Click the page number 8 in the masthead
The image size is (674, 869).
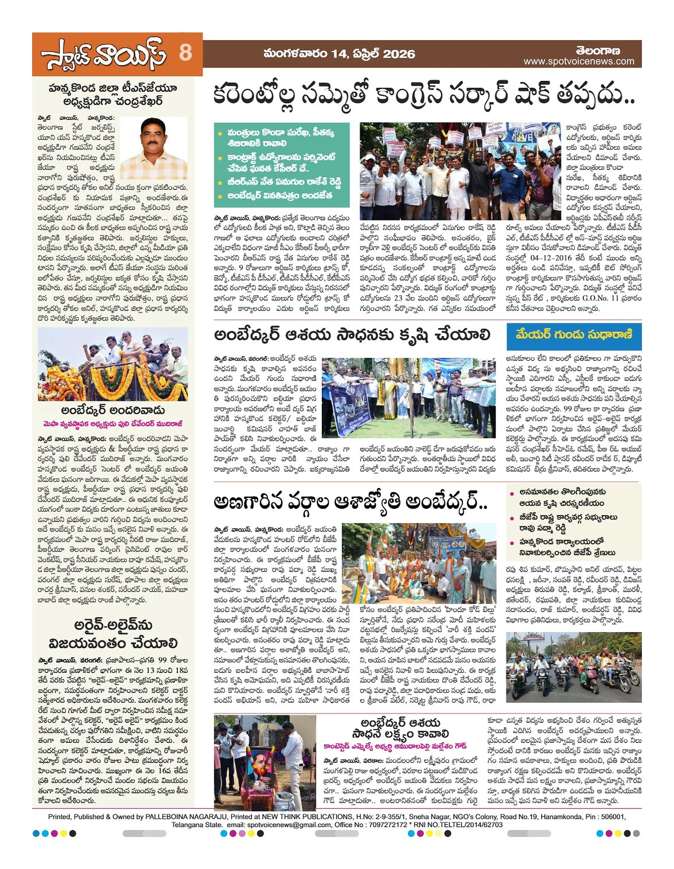(x=185, y=53)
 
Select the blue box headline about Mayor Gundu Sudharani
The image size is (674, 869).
(x=574, y=336)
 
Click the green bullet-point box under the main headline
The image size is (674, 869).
(x=281, y=164)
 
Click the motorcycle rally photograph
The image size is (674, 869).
(x=574, y=667)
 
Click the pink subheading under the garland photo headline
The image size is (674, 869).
(x=113, y=423)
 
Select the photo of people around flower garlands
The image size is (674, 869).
(x=113, y=364)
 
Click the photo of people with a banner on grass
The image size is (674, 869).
(x=408, y=398)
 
